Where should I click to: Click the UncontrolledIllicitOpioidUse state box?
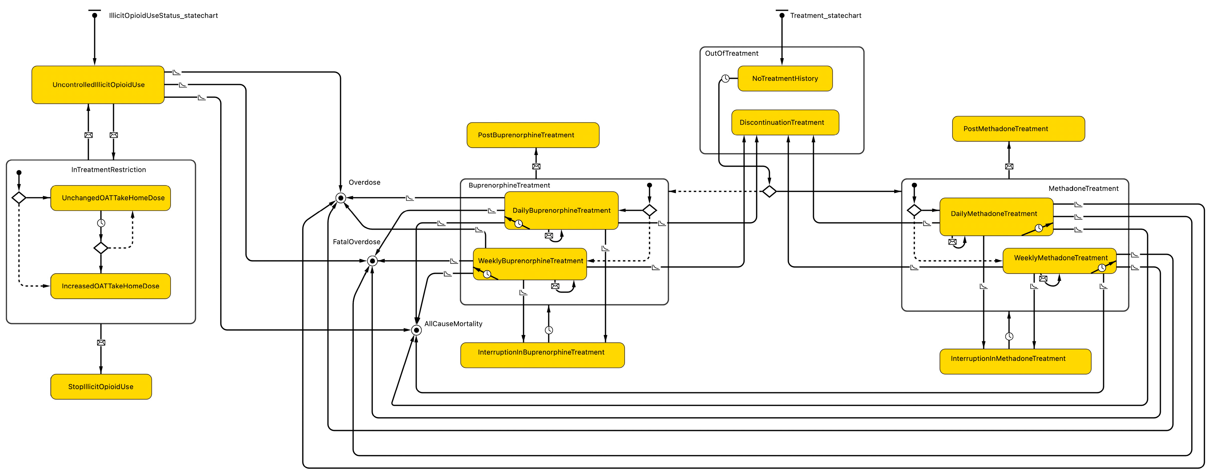pos(98,85)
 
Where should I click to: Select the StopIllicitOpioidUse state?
pos(101,386)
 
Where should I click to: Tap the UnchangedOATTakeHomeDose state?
pos(110,198)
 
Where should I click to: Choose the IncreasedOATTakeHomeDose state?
pos(110,286)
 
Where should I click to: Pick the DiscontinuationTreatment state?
pos(785,122)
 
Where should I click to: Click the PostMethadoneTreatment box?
pos(1018,129)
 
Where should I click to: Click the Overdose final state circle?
pos(341,198)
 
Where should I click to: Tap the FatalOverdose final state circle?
pos(372,261)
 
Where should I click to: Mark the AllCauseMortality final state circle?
pos(416,330)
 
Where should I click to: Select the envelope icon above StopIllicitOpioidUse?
pos(101,343)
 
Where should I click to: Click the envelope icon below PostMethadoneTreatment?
pos(1009,166)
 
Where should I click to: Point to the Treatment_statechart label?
pos(825,16)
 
